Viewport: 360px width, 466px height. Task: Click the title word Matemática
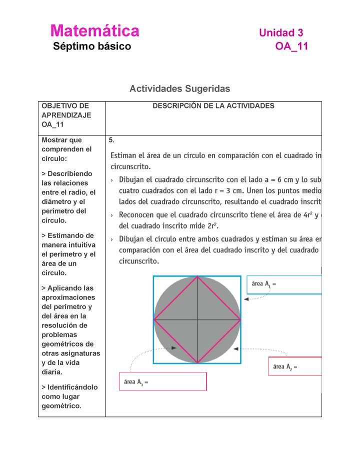(x=94, y=31)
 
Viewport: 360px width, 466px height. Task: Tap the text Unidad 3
(x=280, y=33)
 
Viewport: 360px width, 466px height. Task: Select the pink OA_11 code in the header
(x=291, y=46)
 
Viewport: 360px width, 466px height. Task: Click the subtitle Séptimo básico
(x=92, y=46)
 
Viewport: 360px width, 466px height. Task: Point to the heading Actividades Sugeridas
(x=179, y=88)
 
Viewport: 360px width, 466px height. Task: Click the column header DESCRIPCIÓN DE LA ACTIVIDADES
(x=213, y=106)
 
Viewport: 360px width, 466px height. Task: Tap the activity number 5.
(x=112, y=140)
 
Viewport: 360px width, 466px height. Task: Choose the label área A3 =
(x=136, y=382)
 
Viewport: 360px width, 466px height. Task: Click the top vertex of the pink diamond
(x=197, y=276)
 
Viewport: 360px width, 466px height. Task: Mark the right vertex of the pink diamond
(x=240, y=319)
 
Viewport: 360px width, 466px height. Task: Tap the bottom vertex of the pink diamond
(x=197, y=362)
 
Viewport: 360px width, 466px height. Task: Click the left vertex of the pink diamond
(x=154, y=319)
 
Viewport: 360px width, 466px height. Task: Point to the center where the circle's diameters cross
(x=197, y=319)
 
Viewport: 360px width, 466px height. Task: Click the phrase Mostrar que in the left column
(x=61, y=140)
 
